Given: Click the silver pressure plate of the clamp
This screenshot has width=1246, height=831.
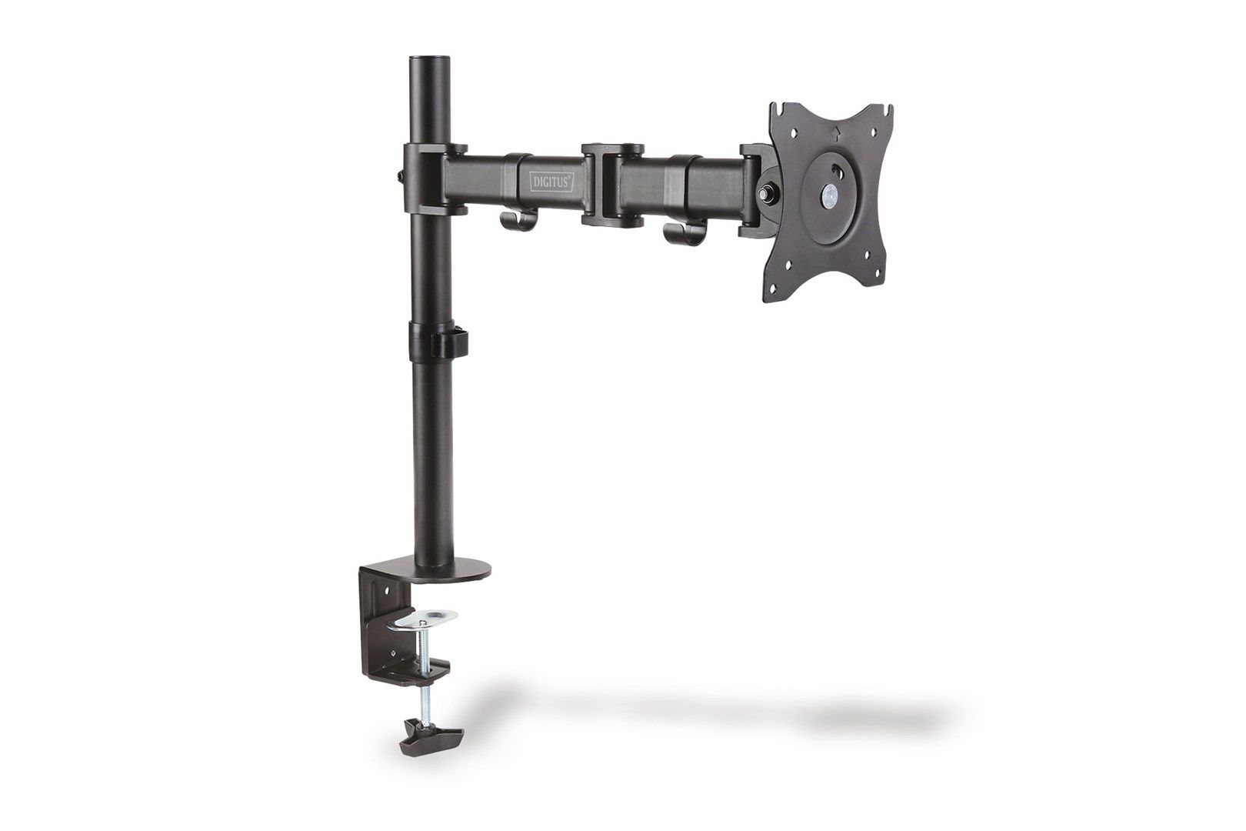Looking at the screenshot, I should pos(428,617).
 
